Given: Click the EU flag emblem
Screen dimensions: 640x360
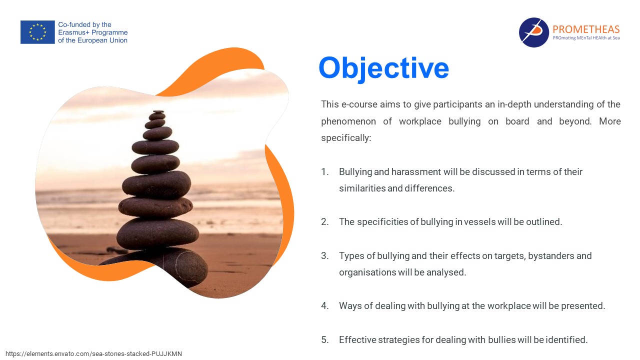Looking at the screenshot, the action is tap(37, 32).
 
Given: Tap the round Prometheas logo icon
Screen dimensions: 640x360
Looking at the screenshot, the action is tap(533, 32).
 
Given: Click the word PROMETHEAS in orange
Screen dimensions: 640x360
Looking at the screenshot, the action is tap(586, 29).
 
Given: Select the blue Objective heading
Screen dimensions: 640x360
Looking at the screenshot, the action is tap(383, 68).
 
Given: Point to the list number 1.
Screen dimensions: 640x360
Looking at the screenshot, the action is tap(324, 171).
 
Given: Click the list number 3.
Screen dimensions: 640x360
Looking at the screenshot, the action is tap(324, 255).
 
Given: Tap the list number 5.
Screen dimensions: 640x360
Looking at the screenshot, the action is tap(324, 339).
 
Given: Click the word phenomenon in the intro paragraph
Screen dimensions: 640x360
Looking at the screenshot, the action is tap(348, 121).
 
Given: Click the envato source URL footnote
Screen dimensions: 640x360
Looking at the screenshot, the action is tap(93, 353).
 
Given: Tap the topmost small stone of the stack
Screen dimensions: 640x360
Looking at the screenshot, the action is tap(158, 111).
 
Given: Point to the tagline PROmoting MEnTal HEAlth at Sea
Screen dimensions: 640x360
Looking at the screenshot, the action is tap(586, 38).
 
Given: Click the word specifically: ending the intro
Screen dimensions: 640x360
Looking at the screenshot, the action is tap(346, 138).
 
